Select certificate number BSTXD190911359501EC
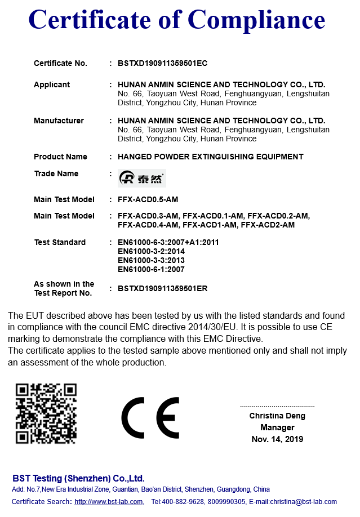point(163,64)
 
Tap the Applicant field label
point(52,84)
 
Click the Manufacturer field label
point(59,121)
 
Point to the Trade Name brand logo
point(142,179)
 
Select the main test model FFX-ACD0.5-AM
point(148,199)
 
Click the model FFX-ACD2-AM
point(268,225)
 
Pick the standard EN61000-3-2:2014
point(151,251)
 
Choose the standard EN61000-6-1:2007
point(151,269)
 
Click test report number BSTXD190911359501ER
point(163,288)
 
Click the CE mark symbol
point(150,417)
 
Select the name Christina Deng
point(277,416)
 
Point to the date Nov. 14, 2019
point(277,439)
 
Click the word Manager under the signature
point(277,427)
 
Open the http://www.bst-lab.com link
point(109,502)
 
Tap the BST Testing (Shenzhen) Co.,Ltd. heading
point(78,478)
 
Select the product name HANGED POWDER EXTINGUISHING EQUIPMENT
point(210,157)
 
